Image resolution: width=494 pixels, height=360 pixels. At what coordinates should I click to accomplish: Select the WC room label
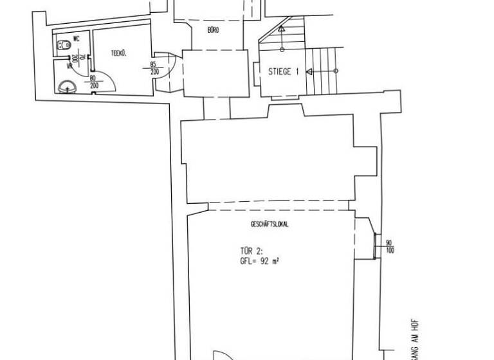77,39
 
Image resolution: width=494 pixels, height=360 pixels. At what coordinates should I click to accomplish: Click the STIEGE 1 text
284,72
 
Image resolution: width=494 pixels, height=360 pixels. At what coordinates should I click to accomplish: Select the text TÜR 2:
250,252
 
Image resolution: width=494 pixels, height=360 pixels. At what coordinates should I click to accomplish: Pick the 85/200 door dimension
154,67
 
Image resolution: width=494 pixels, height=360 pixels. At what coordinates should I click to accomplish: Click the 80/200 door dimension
93,82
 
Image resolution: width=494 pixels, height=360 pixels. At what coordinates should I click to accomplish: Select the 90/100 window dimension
389,246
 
